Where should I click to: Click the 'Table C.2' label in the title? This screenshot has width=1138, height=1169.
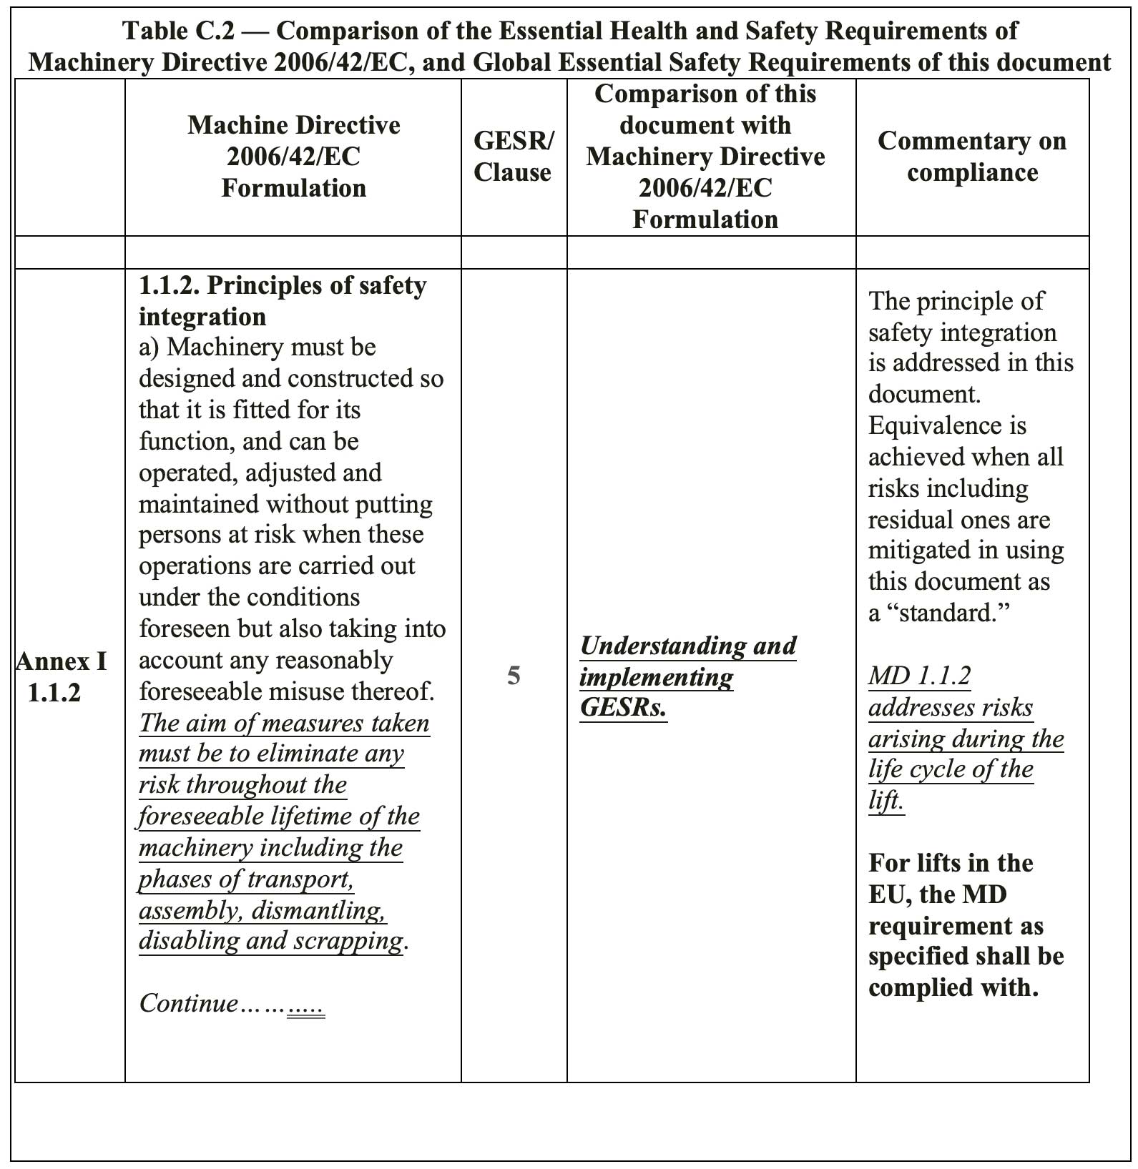178,31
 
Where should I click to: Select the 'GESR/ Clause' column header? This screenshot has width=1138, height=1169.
513,157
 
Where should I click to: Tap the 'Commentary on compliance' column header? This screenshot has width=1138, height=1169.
971,157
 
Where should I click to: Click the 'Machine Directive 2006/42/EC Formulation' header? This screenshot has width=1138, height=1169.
293,157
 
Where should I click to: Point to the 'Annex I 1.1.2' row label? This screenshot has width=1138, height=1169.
62,676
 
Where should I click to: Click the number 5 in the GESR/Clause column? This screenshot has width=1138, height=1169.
514,676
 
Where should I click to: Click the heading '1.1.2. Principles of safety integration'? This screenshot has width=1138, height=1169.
282,300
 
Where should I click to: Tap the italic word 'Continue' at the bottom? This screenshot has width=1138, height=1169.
189,1003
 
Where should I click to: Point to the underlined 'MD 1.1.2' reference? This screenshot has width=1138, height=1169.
919,676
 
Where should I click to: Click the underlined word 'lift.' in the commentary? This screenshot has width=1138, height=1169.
886,801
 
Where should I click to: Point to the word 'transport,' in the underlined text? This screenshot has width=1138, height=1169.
311,879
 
